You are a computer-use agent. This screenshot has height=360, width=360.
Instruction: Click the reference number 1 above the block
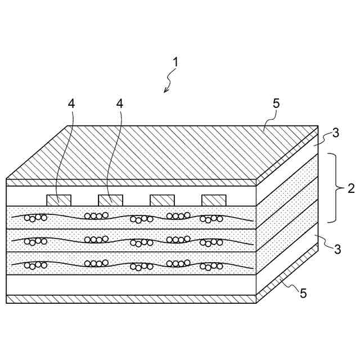click(x=175, y=62)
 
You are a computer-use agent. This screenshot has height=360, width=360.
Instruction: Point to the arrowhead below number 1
click(x=165, y=90)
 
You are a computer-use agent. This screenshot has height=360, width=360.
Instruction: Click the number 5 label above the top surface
click(x=276, y=103)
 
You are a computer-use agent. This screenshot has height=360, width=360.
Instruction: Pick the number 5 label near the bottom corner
click(x=303, y=293)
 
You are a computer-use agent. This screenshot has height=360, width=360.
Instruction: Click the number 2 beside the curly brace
click(x=350, y=188)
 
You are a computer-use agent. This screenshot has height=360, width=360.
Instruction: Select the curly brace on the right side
click(x=333, y=187)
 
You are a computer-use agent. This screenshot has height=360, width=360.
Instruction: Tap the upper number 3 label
click(x=335, y=133)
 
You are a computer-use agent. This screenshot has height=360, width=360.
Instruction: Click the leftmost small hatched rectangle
click(x=58, y=200)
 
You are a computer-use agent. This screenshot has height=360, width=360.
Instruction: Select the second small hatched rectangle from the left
click(x=110, y=200)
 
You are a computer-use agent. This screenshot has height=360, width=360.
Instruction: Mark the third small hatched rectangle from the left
click(x=162, y=200)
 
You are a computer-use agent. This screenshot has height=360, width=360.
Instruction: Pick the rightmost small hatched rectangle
click(x=214, y=200)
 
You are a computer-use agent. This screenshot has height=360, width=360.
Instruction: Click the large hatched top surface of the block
click(x=163, y=152)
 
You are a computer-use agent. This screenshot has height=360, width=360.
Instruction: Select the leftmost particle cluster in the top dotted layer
click(x=35, y=218)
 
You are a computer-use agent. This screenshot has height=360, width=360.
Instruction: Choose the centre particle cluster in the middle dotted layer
click(x=141, y=242)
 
